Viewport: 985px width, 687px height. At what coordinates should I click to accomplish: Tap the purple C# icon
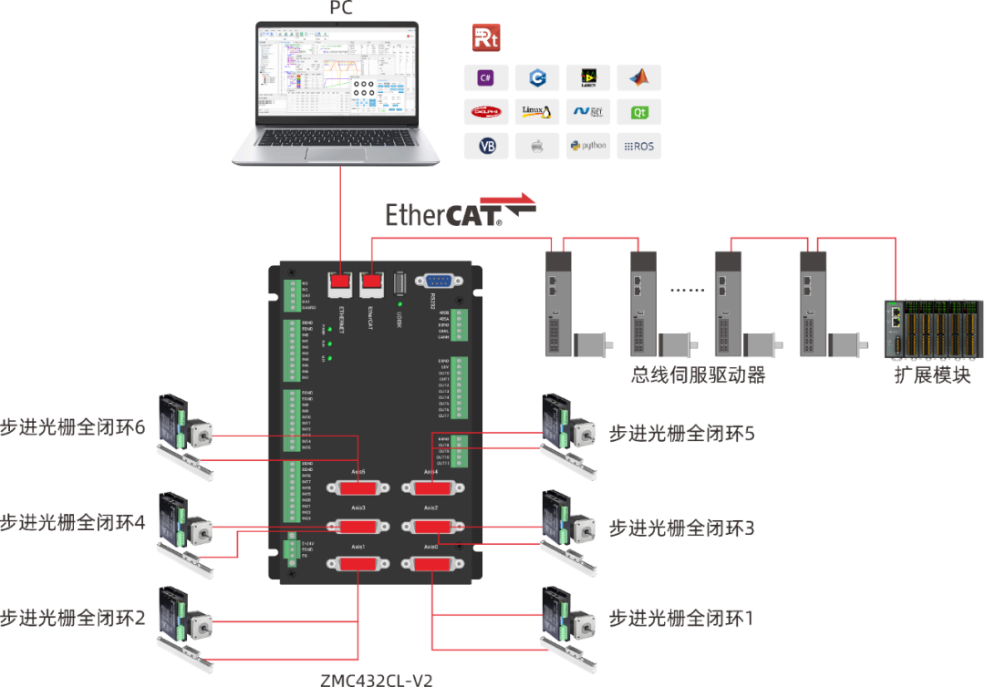[x=486, y=78]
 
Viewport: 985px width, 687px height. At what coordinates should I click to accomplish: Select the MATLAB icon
[x=638, y=78]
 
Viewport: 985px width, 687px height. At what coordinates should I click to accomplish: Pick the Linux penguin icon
[x=537, y=112]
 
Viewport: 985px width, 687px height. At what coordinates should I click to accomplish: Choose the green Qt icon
[x=638, y=112]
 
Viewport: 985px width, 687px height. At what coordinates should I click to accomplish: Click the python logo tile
[x=588, y=146]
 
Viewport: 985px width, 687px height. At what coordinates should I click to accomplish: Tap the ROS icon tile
[x=638, y=146]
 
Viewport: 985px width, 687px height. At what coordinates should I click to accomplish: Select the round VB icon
[x=486, y=146]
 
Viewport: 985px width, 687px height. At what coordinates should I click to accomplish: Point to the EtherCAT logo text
[x=443, y=215]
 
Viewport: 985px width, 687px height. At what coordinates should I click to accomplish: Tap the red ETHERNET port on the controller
[x=339, y=283]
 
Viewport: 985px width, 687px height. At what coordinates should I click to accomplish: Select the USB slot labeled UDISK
[x=399, y=284]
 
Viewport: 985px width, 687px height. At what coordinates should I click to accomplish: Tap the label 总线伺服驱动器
[x=698, y=374]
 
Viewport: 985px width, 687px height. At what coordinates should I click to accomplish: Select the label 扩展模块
[x=932, y=374]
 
